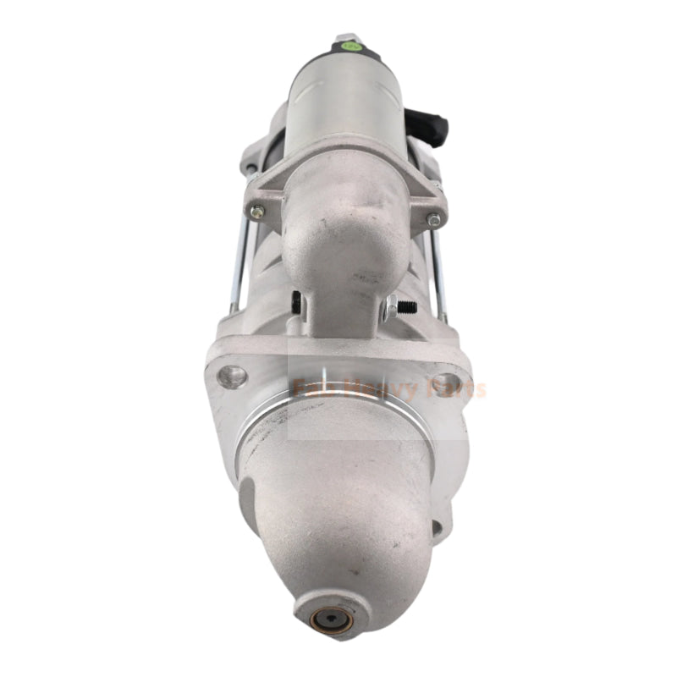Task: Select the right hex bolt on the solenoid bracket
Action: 433,219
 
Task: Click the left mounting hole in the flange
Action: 233,376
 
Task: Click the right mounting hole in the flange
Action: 446,382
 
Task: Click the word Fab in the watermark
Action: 309,390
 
